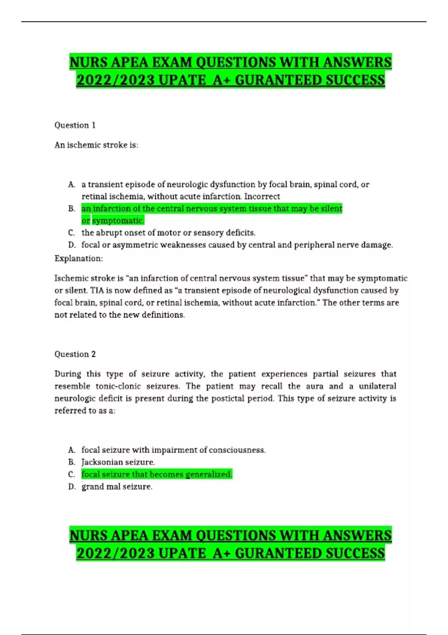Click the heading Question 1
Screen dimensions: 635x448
tap(75, 125)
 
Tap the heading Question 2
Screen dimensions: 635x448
tap(75, 354)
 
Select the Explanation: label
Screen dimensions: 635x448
tap(79, 258)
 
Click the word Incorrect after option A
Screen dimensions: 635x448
tap(262, 196)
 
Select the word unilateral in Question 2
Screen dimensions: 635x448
tap(377, 386)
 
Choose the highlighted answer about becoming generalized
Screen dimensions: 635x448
tap(157, 474)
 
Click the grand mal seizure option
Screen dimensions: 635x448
tap(117, 487)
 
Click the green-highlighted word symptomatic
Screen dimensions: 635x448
tap(118, 221)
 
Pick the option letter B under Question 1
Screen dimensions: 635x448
tap(72, 209)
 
